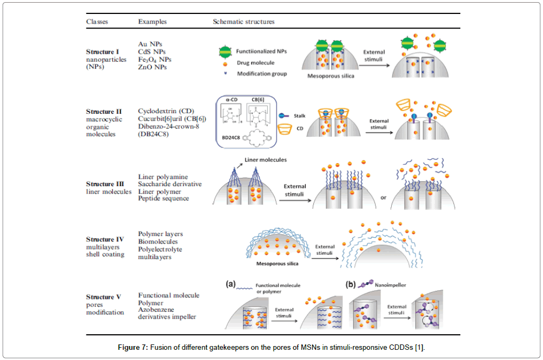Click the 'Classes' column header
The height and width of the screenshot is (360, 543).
tap(97, 22)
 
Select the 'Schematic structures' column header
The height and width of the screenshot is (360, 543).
tap(244, 22)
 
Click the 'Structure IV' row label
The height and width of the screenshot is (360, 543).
tap(105, 239)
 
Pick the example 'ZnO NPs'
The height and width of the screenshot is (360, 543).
tap(152, 67)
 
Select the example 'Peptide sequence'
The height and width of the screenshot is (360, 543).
tap(164, 199)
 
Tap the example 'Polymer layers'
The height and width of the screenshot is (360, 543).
tap(160, 234)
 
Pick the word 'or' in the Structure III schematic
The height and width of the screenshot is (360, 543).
tap(383, 197)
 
